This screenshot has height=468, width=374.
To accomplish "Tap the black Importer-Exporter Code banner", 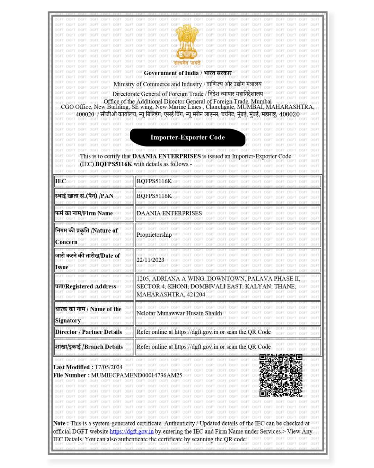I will tap(187, 137).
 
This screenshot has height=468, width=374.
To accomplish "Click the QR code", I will tap(281, 375).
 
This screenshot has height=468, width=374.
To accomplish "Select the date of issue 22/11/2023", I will tap(150, 260).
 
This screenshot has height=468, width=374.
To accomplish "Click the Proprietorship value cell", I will tap(154, 235).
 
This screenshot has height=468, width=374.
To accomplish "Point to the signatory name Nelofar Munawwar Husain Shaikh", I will tap(179, 313).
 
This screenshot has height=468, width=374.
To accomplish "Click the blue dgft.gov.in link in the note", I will tap(132, 432).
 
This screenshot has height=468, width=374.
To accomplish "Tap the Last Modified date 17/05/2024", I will tap(109, 367).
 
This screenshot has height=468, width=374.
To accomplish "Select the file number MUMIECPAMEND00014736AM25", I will tap(136, 375).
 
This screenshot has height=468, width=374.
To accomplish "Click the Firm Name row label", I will tap(84, 213).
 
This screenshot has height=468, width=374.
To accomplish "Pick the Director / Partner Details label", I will tap(88, 332).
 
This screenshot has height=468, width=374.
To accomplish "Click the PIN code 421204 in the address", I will tap(196, 294).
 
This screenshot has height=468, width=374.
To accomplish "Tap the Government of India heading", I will tap(171, 73).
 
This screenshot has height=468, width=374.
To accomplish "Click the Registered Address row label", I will tap(86, 286).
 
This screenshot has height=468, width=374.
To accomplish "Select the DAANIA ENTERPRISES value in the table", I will tap(169, 213).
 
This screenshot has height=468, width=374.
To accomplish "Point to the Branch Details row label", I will tap(89, 347).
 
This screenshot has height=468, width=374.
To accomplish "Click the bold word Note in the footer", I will tap(59, 423).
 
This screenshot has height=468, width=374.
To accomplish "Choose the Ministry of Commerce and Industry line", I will tap(158, 84).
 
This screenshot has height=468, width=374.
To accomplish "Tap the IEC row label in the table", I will tap(60, 181).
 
